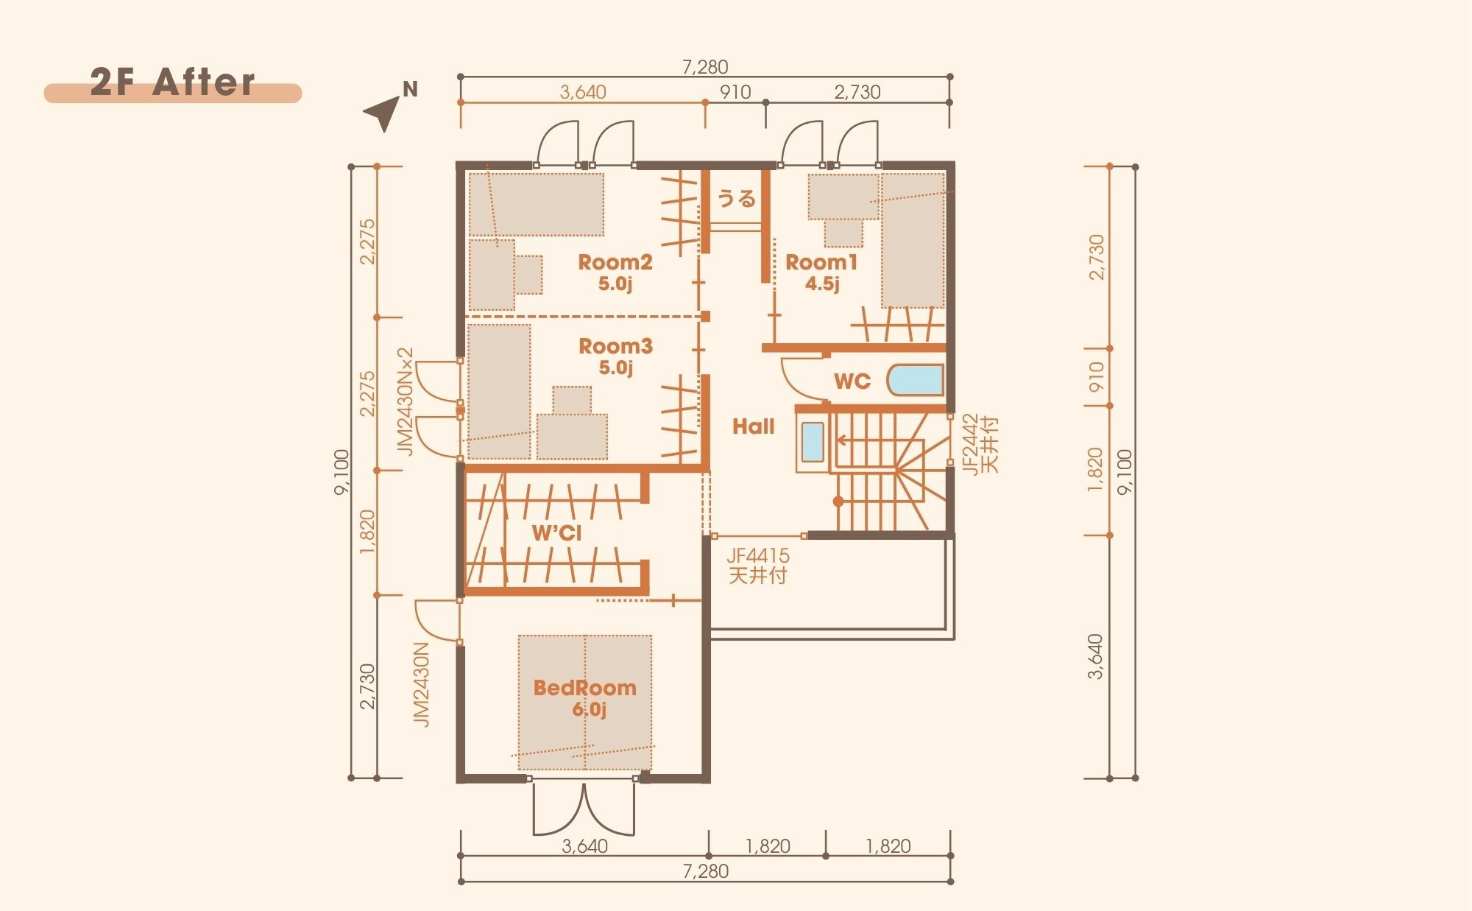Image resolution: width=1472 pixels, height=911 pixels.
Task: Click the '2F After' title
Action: tap(173, 82)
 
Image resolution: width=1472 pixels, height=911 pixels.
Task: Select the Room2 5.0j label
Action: tap(615, 272)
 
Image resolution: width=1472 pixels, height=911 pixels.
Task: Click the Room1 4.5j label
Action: tap(822, 272)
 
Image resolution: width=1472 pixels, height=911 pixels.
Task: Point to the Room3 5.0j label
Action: tap(615, 356)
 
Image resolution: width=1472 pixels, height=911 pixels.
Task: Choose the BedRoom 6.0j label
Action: tap(585, 698)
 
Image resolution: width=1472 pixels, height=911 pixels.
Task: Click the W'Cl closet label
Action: tap(556, 532)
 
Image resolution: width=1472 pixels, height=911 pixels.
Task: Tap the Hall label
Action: tap(753, 426)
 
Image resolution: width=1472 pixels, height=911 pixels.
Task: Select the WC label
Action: tap(852, 381)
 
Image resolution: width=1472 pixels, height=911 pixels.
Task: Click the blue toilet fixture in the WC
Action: tap(916, 381)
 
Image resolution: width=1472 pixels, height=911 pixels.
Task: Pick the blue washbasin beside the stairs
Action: tap(812, 442)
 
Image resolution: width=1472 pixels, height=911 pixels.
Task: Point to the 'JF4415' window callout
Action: tap(758, 556)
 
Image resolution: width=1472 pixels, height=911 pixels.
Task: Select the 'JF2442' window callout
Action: tap(972, 444)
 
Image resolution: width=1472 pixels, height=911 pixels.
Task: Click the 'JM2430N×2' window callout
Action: tap(406, 401)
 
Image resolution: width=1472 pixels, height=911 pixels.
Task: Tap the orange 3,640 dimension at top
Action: tap(583, 92)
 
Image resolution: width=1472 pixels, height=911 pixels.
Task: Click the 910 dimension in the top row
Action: tap(735, 92)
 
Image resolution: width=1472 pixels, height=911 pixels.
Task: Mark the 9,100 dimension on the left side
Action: tap(342, 472)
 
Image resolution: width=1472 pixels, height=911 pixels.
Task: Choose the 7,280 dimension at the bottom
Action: tap(705, 871)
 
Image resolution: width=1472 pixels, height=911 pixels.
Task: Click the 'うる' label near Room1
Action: tap(736, 199)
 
